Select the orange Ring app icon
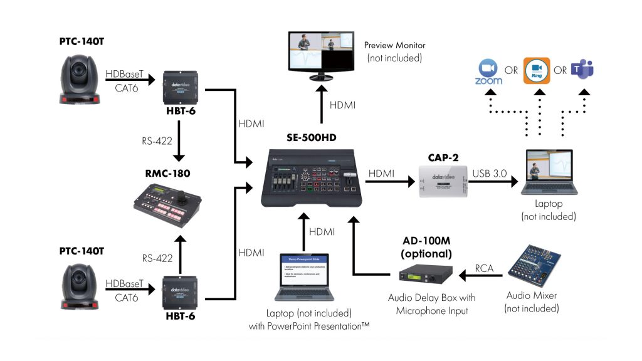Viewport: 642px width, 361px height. (536, 70)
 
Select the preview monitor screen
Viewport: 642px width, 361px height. (320, 51)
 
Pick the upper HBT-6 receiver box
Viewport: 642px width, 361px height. (179, 87)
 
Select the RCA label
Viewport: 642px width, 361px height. (483, 268)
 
